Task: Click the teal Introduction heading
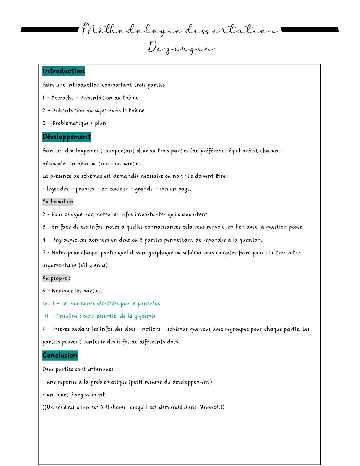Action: (63, 71)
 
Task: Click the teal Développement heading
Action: (66, 137)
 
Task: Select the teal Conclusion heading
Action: (60, 355)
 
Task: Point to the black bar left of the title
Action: (50, 30)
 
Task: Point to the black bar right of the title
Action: (310, 30)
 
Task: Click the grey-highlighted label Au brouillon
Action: (58, 201)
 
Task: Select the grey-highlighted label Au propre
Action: (56, 278)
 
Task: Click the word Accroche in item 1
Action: (62, 98)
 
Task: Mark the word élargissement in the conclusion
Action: (88, 395)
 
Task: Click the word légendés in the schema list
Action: (58, 189)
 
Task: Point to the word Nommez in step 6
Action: (62, 291)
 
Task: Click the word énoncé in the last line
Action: (209, 407)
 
